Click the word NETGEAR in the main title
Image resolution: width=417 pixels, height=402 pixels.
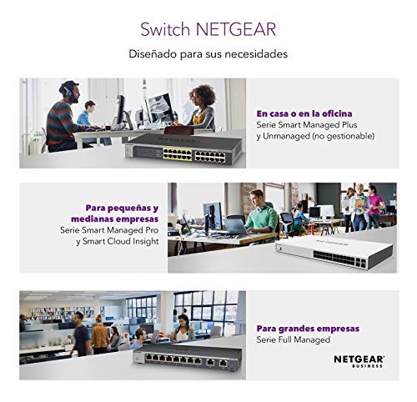tap(236, 29)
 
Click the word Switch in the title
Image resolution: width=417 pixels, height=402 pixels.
tap(165, 29)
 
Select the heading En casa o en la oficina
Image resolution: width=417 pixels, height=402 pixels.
tap(304, 113)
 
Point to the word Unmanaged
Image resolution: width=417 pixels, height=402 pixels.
tap(286, 136)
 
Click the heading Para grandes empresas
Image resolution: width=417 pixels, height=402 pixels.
tap(308, 329)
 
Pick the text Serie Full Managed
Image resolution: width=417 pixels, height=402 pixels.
tap(294, 339)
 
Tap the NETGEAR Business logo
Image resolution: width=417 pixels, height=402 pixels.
tap(359, 361)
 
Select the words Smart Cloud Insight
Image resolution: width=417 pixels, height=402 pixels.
tap(121, 241)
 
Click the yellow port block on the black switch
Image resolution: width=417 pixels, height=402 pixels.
tap(178, 154)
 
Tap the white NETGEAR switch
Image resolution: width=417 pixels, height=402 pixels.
tap(334, 253)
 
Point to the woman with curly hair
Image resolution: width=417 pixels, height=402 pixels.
tap(201, 109)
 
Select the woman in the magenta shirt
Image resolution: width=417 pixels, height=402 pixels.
tap(375, 205)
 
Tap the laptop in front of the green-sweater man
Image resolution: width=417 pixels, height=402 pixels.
tap(235, 227)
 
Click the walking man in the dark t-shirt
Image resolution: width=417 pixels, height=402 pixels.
tap(81, 334)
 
